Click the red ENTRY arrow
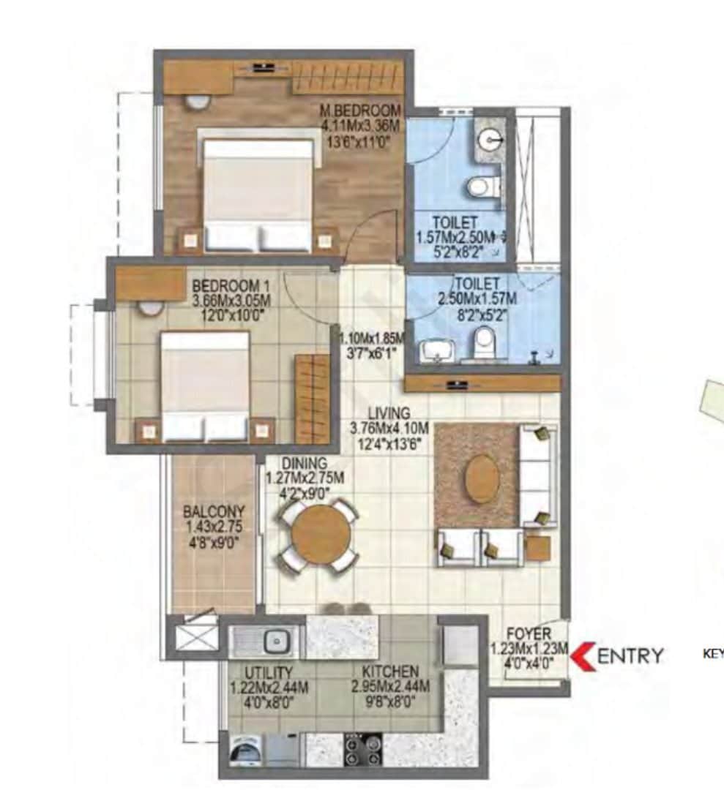coord(583,655)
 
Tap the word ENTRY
coord(630,656)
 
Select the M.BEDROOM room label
coord(361,110)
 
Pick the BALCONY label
coord(214,511)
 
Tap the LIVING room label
coord(389,414)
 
